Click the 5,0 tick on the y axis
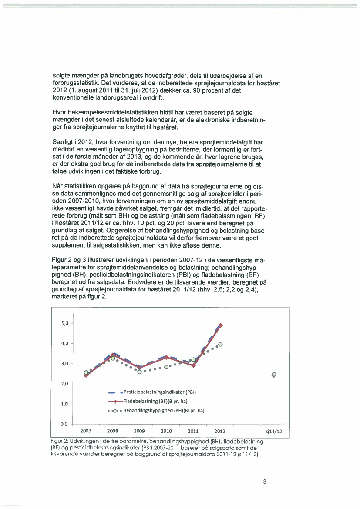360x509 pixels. tap(64, 323)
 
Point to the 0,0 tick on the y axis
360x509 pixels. tap(64, 424)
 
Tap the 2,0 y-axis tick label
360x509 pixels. tap(64, 384)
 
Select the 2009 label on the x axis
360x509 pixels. tap(139, 431)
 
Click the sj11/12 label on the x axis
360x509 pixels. tap(274, 432)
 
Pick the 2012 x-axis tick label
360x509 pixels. tap(220, 431)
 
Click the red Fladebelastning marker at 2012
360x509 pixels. tap(221, 325)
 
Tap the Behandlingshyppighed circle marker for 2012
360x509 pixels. tap(220, 344)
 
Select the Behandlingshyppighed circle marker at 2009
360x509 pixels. tap(140, 372)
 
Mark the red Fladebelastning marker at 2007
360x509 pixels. tap(86, 375)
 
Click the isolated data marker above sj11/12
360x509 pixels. tap(274, 375)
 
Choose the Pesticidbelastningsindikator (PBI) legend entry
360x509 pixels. tap(157, 392)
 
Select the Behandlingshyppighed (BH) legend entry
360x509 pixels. tap(159, 410)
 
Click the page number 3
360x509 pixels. tap(264, 482)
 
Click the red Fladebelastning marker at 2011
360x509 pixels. tap(194, 365)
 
